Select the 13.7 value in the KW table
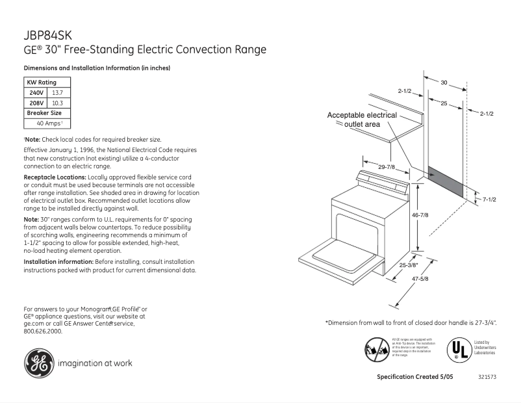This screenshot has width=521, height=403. pyautogui.click(x=58, y=93)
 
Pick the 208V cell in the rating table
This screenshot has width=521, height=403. pyautogui.click(x=36, y=103)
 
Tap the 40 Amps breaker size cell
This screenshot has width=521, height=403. pyautogui.click(x=48, y=122)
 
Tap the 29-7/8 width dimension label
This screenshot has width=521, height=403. pyautogui.click(x=387, y=168)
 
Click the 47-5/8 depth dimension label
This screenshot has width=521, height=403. pyautogui.click(x=420, y=279)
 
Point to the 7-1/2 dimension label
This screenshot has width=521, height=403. pyautogui.click(x=489, y=199)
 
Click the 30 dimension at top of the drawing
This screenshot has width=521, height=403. pyautogui.click(x=444, y=83)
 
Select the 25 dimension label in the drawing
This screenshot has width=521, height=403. pyautogui.click(x=444, y=103)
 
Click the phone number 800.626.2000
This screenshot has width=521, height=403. pyautogui.click(x=43, y=331)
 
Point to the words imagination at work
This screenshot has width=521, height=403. pyautogui.click(x=95, y=363)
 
